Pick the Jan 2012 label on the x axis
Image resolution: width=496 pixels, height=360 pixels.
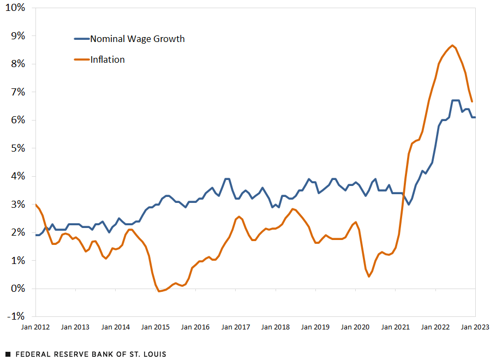point(35,327)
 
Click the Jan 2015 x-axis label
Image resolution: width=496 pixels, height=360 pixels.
point(155,327)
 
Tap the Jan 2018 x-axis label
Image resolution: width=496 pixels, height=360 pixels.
point(275,327)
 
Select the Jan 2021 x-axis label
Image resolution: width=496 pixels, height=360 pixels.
point(395,327)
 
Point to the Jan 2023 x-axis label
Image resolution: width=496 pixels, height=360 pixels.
point(475,327)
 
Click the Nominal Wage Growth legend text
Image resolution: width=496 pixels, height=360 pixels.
point(137,39)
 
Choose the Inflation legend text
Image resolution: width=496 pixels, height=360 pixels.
point(107,59)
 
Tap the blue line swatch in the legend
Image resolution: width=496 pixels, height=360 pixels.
point(81,39)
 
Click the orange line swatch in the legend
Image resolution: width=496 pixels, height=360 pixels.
point(81,59)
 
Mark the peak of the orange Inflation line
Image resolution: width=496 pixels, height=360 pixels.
point(452,45)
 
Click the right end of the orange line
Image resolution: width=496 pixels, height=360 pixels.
point(472,101)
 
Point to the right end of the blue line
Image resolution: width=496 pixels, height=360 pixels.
point(475,117)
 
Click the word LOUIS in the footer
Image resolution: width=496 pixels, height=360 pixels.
point(154,354)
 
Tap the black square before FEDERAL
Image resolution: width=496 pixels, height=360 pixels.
point(8,354)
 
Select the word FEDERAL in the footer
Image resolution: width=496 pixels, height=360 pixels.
point(32,354)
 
